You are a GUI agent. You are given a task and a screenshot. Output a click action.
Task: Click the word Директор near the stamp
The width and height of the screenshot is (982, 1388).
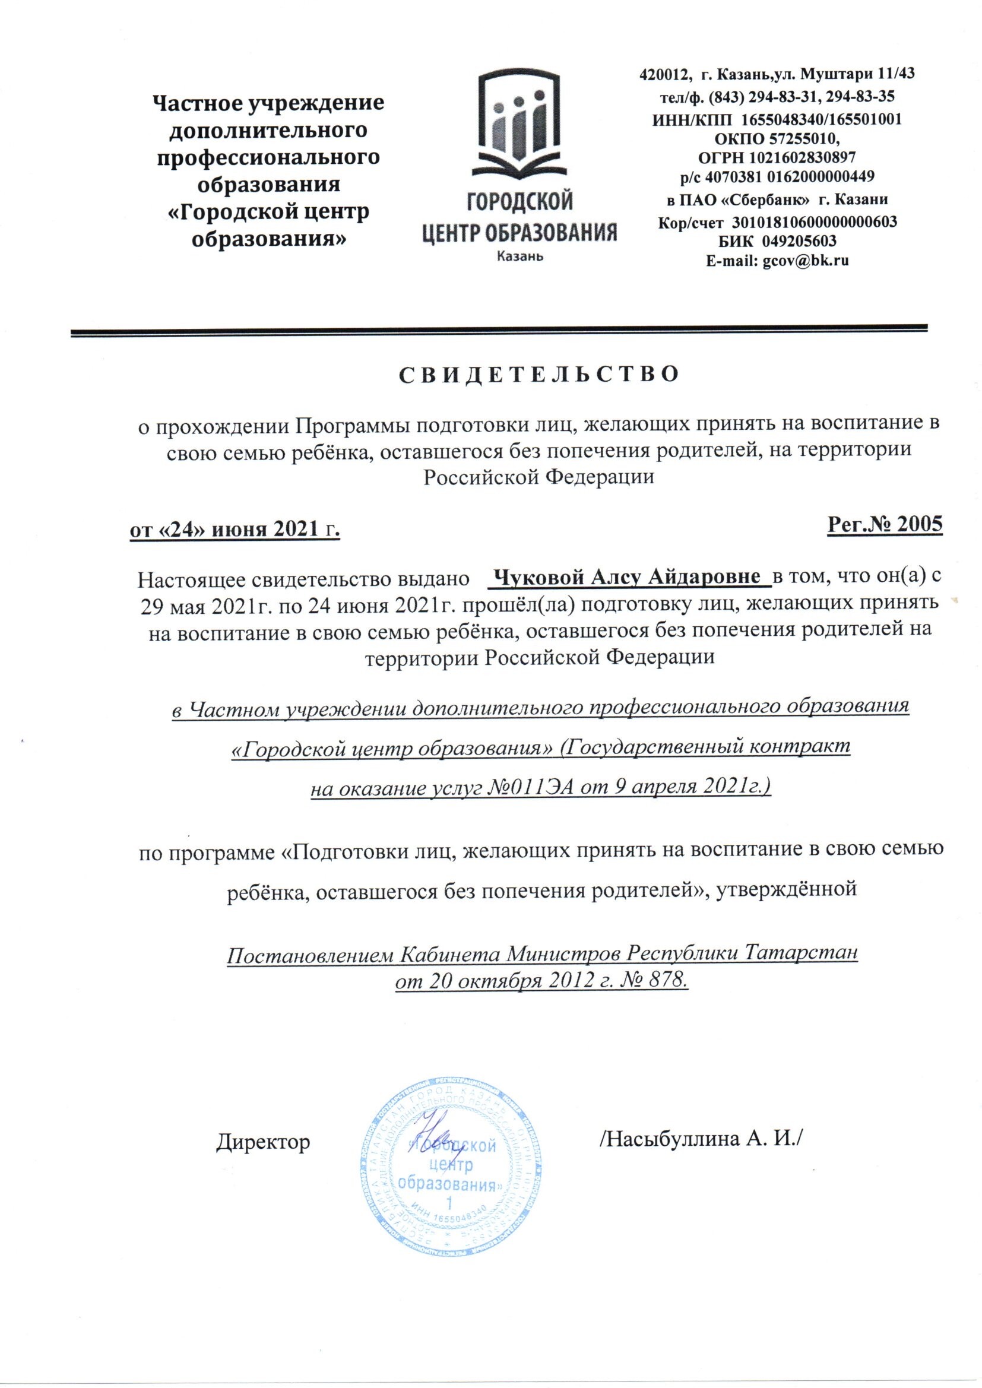(x=263, y=1142)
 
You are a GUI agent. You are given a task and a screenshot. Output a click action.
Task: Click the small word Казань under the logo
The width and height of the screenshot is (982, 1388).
(x=519, y=257)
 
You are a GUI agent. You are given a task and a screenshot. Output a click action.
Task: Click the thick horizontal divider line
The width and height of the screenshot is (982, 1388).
(x=499, y=330)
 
